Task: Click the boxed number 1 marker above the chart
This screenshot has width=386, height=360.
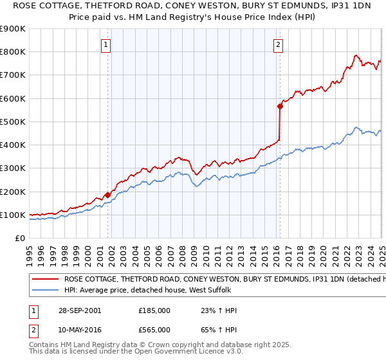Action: (106, 44)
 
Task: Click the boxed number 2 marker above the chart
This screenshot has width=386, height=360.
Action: (278, 44)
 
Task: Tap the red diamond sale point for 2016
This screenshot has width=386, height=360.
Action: (280, 107)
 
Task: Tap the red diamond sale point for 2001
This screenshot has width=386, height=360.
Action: (108, 195)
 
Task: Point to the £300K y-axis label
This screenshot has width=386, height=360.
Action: (13, 168)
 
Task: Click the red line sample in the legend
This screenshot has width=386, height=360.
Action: (46, 280)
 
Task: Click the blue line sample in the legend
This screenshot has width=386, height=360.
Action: (46, 291)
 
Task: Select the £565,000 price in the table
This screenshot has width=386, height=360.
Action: (154, 329)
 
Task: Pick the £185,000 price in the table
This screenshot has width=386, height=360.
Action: (154, 310)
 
